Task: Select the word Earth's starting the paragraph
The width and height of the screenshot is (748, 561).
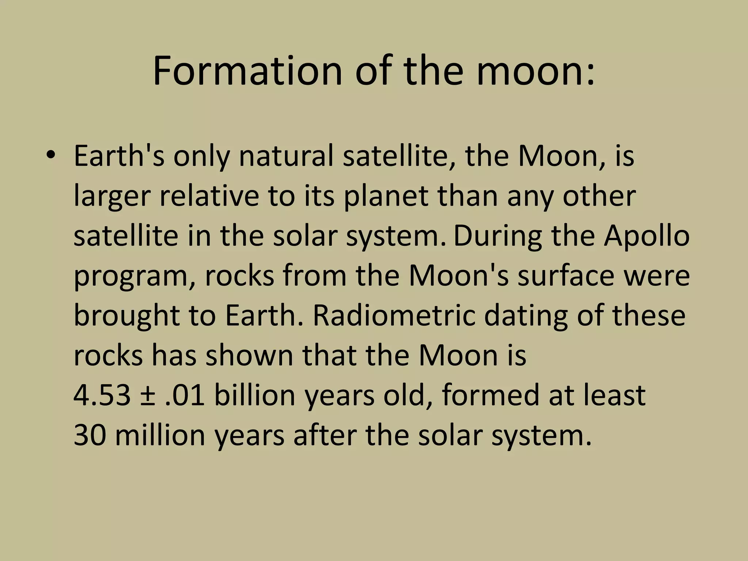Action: (x=119, y=156)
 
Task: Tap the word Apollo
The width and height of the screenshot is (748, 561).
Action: (x=646, y=236)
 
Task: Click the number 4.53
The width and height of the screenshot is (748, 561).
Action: (x=102, y=396)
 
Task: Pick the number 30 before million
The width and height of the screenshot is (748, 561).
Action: (x=90, y=435)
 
